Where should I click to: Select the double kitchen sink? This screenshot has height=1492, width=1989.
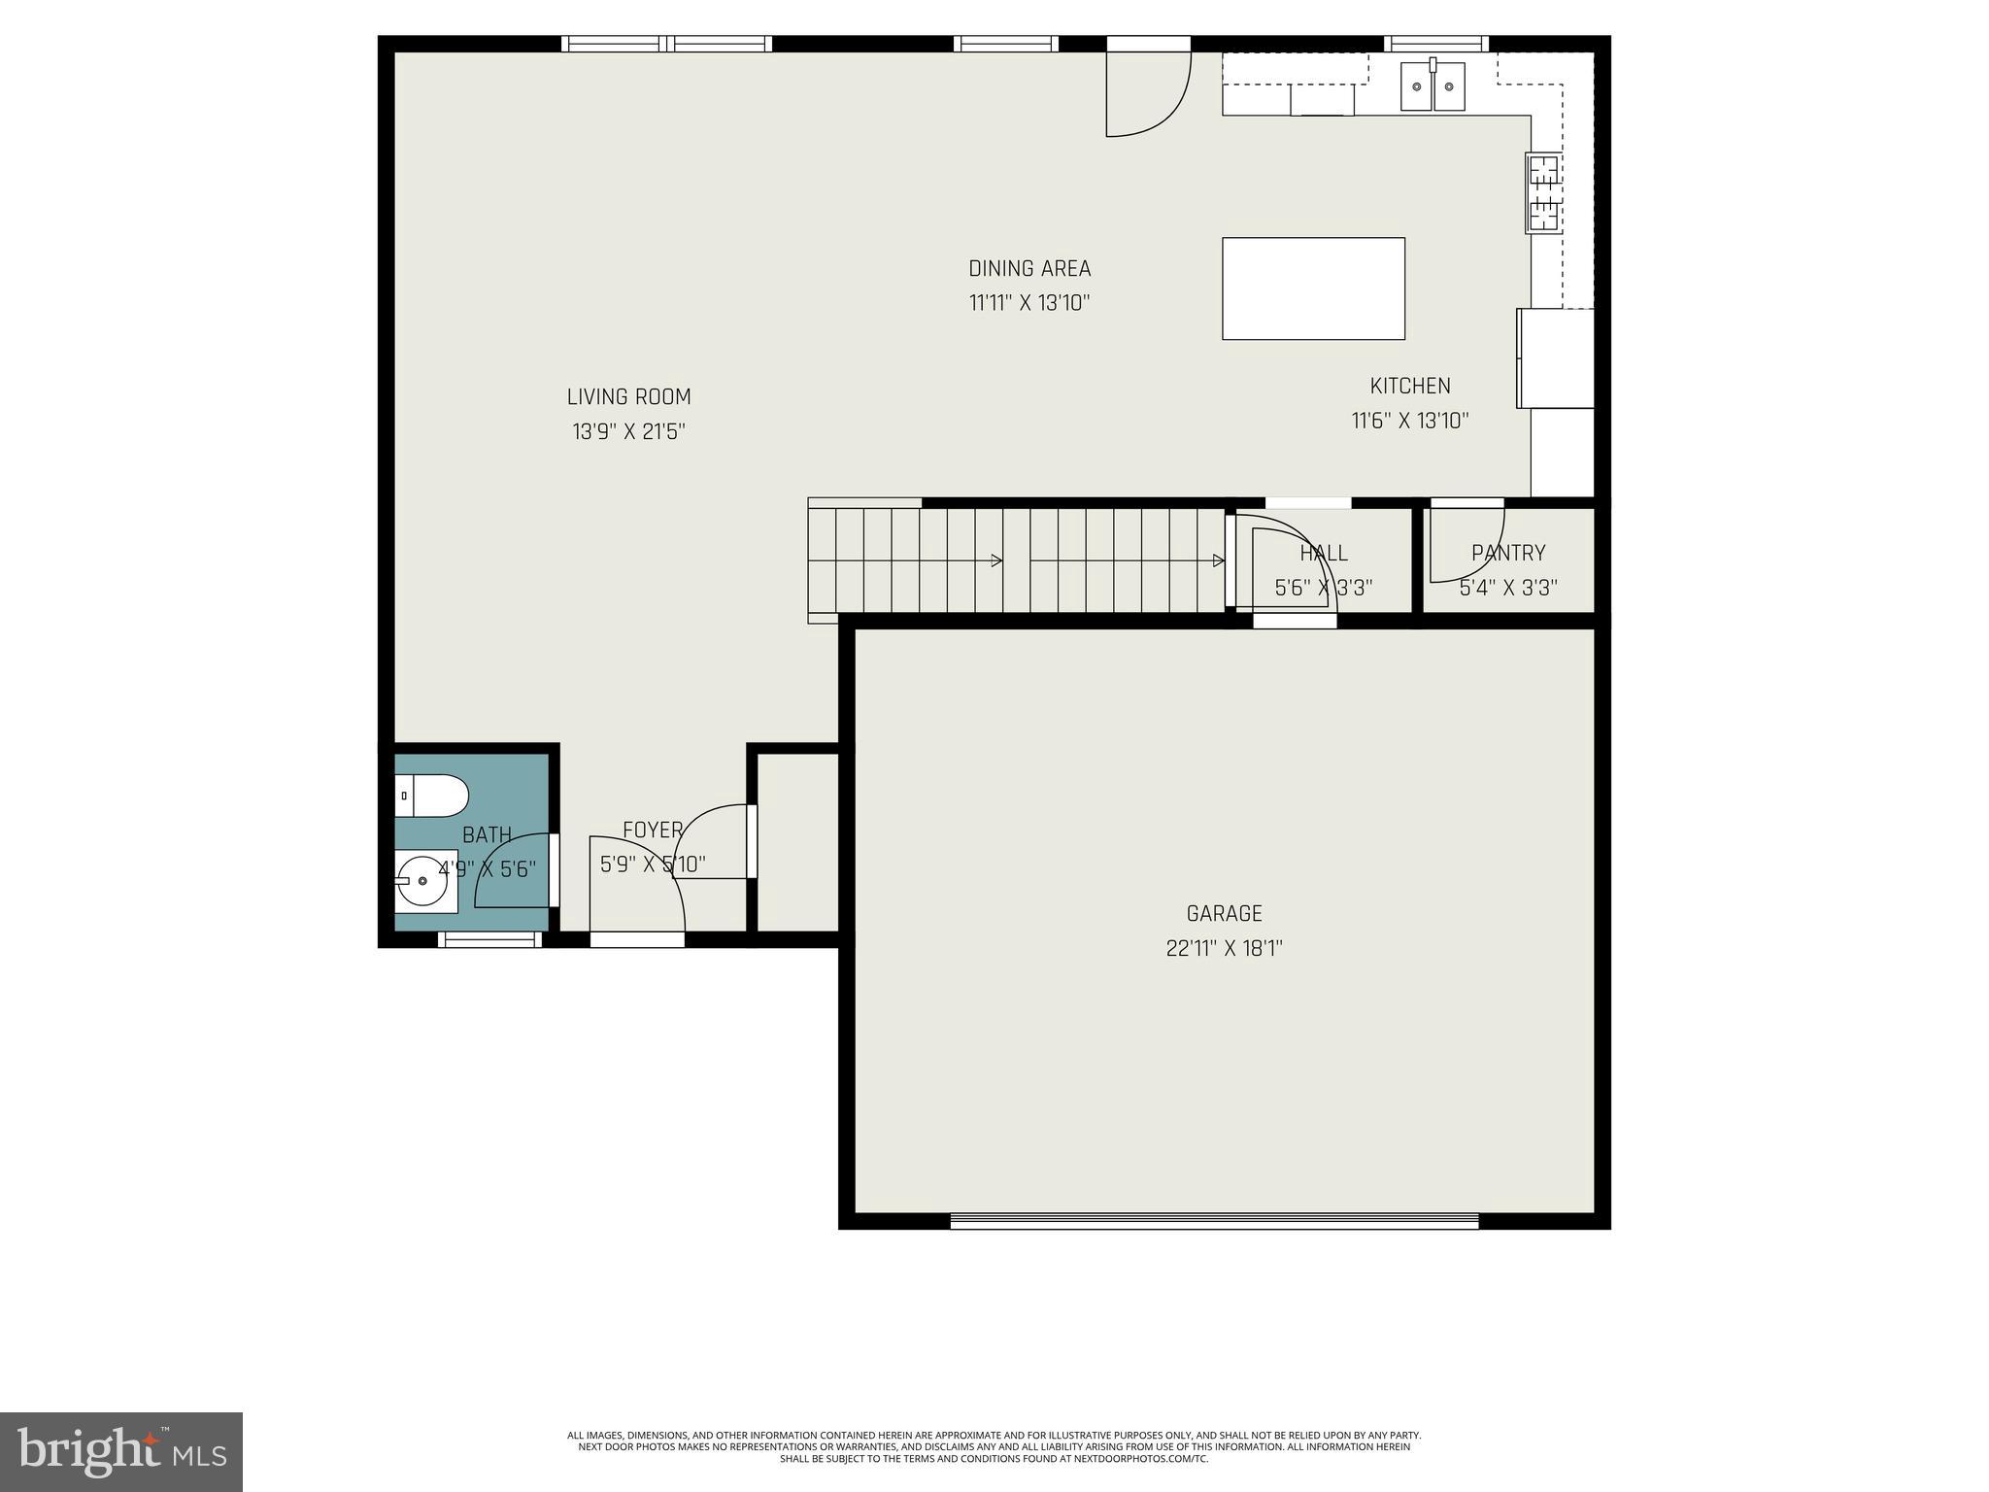click(x=1433, y=86)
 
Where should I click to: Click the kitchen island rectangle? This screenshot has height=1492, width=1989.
click(x=1313, y=288)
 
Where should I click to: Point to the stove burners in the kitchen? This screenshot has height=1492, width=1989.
click(x=1543, y=194)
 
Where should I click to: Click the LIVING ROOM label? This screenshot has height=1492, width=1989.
click(x=628, y=396)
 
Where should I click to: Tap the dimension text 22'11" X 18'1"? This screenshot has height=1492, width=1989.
click(x=1224, y=949)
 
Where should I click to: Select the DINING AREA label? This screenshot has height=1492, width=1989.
click(x=1029, y=268)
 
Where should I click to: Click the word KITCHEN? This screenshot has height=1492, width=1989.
click(x=1410, y=386)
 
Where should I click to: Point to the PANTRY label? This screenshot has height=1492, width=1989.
click(x=1507, y=553)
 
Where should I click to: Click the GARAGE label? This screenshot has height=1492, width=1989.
click(x=1224, y=913)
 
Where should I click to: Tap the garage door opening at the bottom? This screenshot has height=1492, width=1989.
click(x=1214, y=1221)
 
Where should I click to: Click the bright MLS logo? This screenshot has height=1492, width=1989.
click(x=121, y=1451)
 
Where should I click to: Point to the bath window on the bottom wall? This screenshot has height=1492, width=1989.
click(x=489, y=939)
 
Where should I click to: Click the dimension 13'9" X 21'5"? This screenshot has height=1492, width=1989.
click(x=628, y=431)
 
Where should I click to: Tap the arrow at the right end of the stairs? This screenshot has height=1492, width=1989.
click(x=1218, y=560)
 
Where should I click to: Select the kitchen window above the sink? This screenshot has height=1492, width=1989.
click(x=1435, y=44)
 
